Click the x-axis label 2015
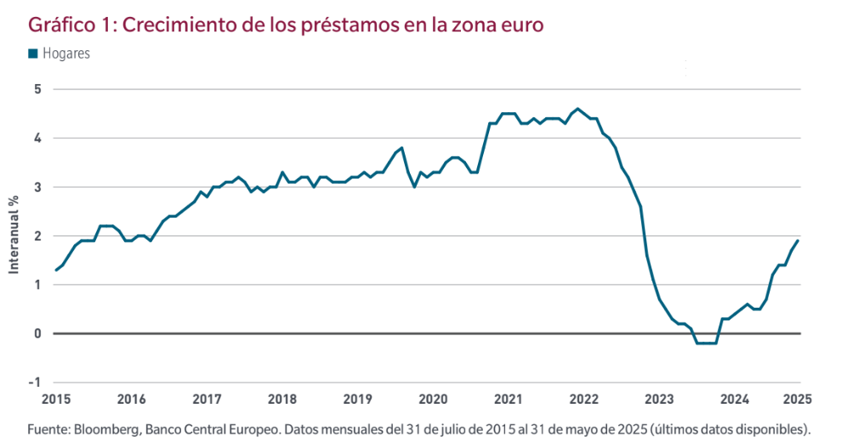[x=56, y=398]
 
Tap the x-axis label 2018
[x=281, y=398]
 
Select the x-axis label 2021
[x=508, y=398]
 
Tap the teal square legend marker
[x=33, y=54]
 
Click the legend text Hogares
[x=66, y=54]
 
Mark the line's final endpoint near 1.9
[x=798, y=241]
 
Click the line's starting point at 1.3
[x=56, y=269]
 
